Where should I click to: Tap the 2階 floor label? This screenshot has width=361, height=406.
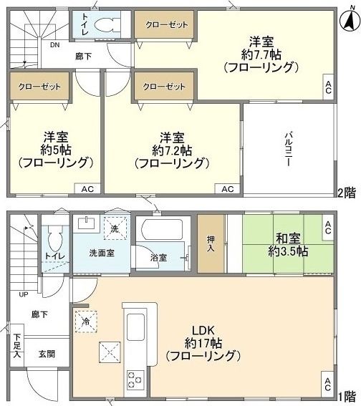[x=347, y=192]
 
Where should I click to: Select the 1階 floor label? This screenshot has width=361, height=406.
[x=347, y=395]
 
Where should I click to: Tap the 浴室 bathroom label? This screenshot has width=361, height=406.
[x=158, y=256]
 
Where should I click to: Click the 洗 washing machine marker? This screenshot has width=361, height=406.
[x=115, y=228]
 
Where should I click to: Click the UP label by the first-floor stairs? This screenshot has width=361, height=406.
[x=24, y=294]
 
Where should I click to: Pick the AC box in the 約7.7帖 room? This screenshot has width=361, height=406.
[x=327, y=88]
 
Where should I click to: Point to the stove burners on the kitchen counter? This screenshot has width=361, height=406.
[x=134, y=377]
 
